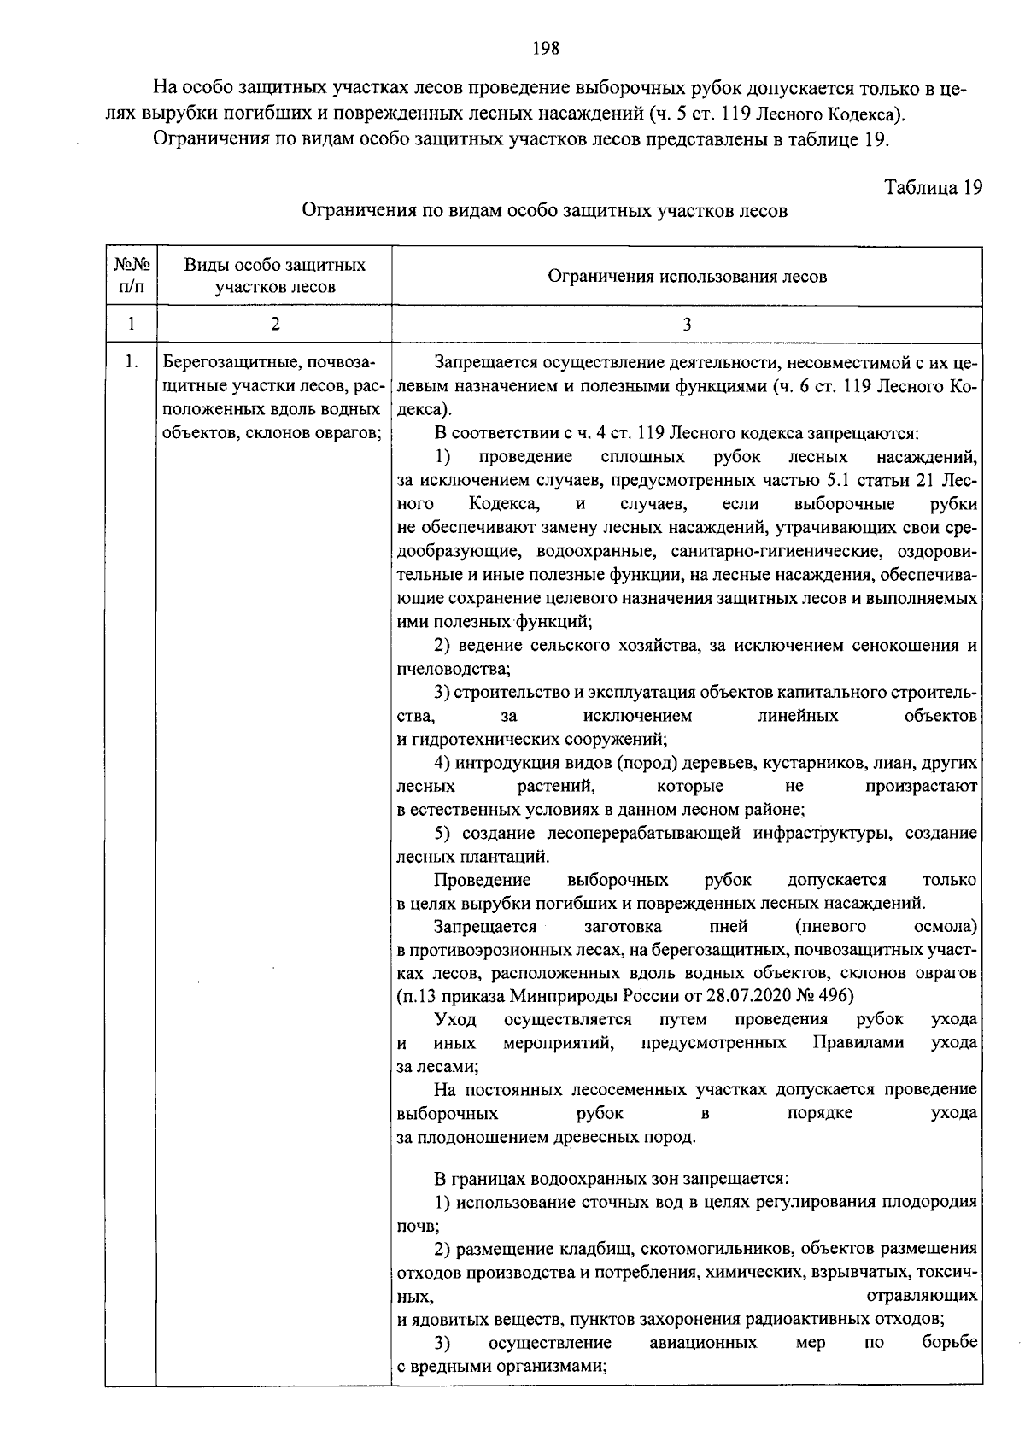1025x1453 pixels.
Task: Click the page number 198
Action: pos(545,49)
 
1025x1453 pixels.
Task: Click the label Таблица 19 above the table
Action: pos(933,187)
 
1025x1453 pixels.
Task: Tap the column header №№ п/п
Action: pos(131,276)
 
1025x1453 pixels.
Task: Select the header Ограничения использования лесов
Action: pos(687,277)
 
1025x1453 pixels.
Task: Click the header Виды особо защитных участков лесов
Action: pos(274,276)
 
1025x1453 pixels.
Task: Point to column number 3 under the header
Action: pos(687,325)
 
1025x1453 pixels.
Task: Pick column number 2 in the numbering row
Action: pos(274,325)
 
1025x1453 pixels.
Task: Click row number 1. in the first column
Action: pos(131,362)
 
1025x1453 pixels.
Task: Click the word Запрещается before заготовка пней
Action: pos(485,927)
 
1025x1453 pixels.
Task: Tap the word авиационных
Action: pos(703,1343)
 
